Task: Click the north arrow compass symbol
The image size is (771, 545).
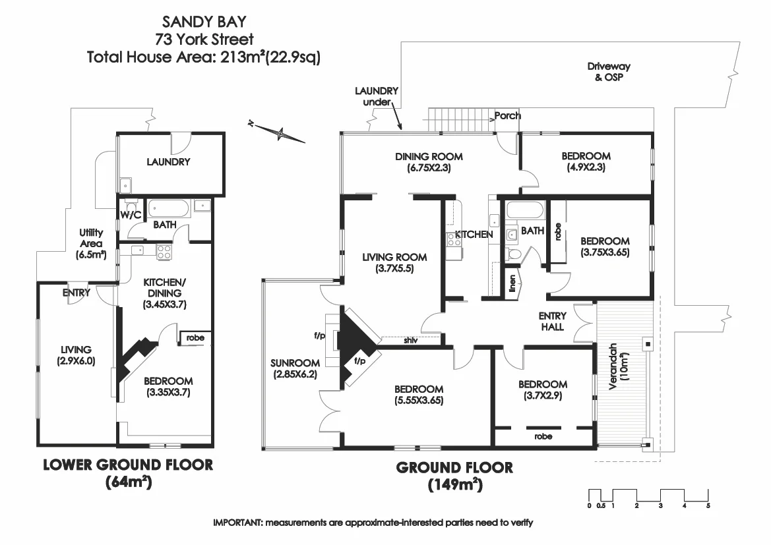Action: [x=281, y=133]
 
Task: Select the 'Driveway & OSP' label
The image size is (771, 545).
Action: [x=609, y=71]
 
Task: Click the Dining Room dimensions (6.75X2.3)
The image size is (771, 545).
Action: [x=429, y=167]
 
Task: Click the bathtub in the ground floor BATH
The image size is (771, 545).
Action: [x=525, y=212]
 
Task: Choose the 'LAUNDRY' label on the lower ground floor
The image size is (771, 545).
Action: [x=168, y=161]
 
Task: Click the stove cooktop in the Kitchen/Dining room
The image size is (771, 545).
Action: [x=164, y=251]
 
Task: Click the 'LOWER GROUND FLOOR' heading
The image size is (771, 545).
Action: [x=128, y=465]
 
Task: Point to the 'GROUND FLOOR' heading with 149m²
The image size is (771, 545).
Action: [x=454, y=468]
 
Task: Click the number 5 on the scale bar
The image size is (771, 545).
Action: [x=708, y=506]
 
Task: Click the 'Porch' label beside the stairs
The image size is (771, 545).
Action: [x=508, y=115]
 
